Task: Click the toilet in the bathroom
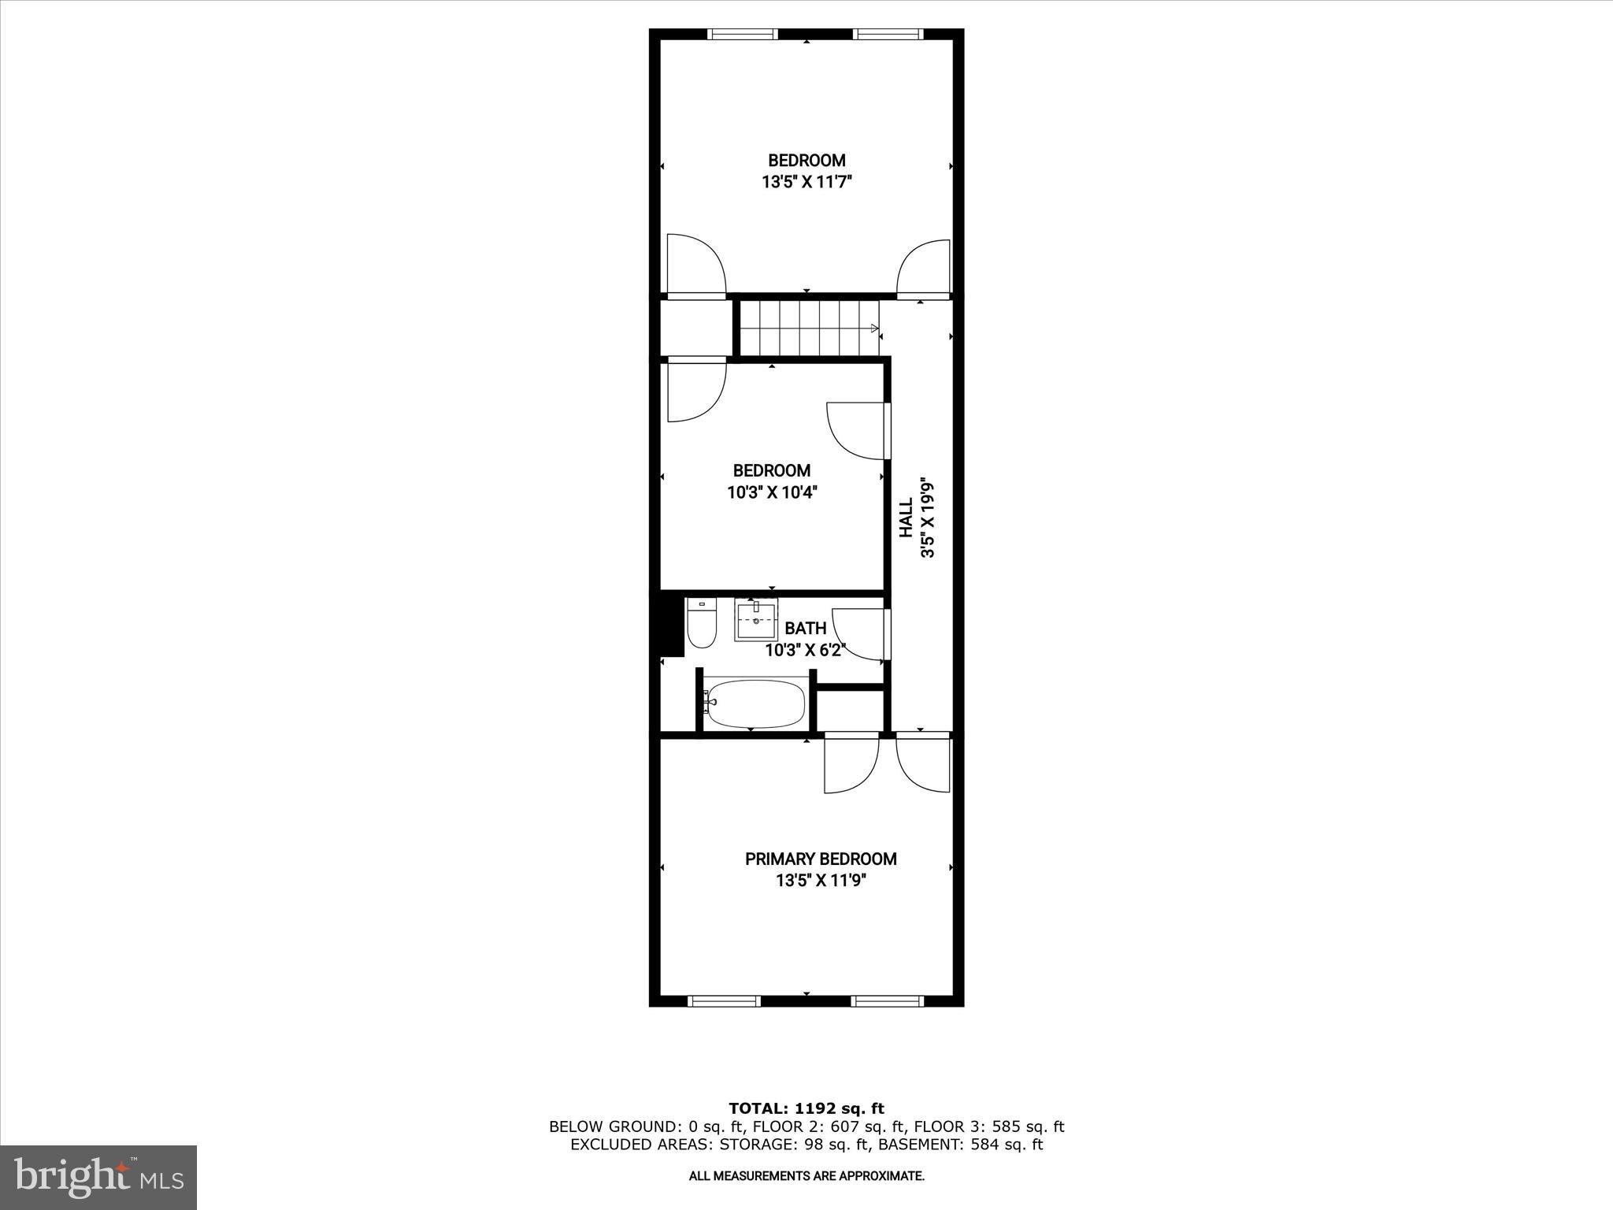tap(700, 625)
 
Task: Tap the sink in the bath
tap(756, 620)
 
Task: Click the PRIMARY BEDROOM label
tap(821, 859)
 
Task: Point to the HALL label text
tap(907, 518)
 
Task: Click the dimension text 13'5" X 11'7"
tap(806, 182)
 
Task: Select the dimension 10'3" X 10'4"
tap(772, 492)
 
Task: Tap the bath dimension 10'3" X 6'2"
tap(805, 650)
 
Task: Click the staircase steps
tap(808, 328)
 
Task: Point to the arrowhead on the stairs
tap(874, 328)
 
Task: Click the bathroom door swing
tap(858, 634)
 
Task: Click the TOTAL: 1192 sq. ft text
tap(806, 1108)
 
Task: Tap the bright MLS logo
tap(98, 1176)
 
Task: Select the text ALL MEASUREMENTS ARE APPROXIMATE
tap(806, 1176)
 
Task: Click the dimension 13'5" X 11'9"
tap(821, 880)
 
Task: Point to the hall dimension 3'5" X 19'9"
tap(928, 519)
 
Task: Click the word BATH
tap(806, 628)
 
